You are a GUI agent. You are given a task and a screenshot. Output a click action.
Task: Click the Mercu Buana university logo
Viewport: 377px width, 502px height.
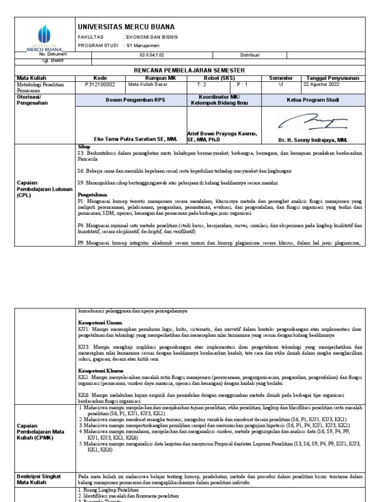click(45, 36)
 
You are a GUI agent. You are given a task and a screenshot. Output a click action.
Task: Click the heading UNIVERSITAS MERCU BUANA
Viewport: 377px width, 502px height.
click(126, 26)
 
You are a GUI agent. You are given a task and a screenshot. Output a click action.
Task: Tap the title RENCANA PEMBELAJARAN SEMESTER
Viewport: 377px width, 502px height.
click(189, 71)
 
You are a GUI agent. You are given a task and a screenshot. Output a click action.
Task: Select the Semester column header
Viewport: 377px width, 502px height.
click(281, 78)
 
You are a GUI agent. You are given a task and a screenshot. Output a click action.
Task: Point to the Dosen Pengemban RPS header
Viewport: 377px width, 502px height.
click(132, 100)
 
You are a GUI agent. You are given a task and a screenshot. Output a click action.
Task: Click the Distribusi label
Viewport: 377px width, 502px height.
click(249, 55)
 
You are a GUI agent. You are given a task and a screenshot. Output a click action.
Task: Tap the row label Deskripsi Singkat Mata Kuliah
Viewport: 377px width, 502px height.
click(39, 479)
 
